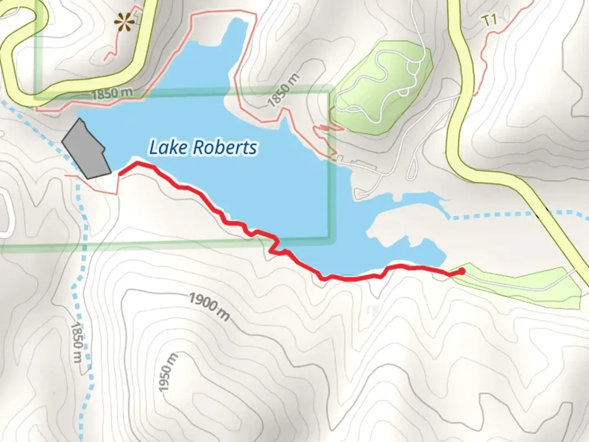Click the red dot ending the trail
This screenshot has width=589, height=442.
pos(462,271)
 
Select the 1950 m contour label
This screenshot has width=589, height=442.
pos(168,372)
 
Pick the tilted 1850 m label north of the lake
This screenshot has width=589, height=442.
pos(284,91)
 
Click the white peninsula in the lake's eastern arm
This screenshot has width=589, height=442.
pos(393,225)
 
